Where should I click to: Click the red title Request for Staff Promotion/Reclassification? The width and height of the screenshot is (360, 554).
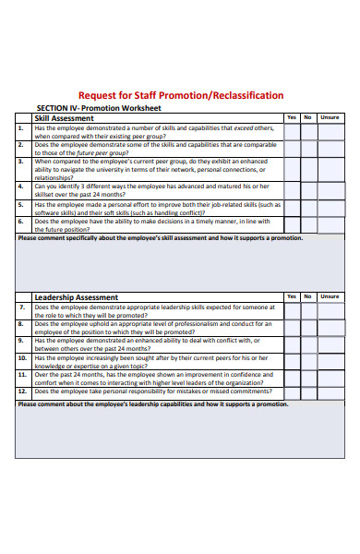(181, 96)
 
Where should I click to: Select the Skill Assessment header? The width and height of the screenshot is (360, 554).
(64, 118)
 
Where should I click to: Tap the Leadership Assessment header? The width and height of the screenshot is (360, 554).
(76, 297)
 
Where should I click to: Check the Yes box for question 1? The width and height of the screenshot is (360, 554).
(292, 131)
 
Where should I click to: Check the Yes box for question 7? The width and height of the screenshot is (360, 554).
(292, 310)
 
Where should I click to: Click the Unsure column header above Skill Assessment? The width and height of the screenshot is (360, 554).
(330, 118)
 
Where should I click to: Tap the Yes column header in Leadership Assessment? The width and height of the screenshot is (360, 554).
(292, 297)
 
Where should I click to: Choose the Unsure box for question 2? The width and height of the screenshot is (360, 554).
(330, 148)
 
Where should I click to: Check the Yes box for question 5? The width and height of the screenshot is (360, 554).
(292, 208)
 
